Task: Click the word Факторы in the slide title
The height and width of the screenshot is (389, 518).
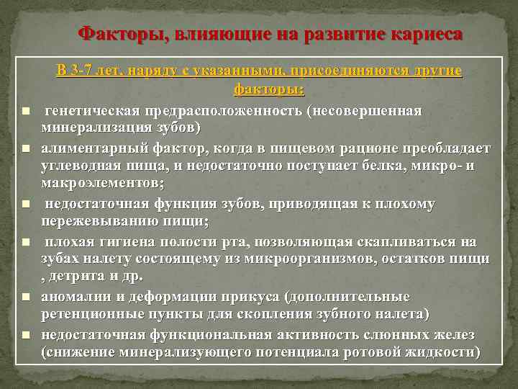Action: click(116, 34)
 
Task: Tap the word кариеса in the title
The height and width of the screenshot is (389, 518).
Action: click(427, 34)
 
